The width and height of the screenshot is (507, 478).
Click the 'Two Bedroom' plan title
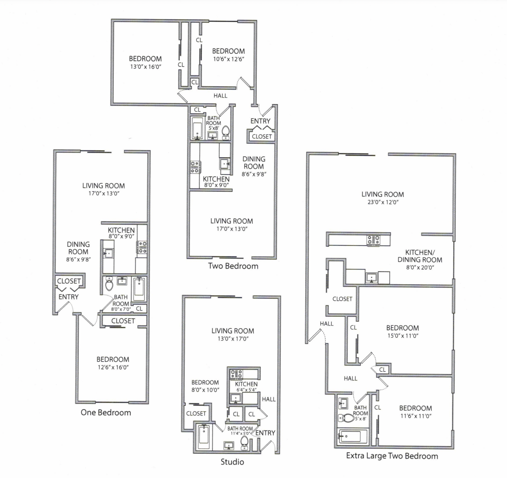click(x=233, y=266)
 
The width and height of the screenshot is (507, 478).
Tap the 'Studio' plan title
click(x=232, y=462)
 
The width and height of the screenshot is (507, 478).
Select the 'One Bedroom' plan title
click(x=106, y=412)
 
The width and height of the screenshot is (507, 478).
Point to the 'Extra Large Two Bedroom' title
click(x=392, y=456)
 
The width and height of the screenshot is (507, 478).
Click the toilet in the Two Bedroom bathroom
click(x=225, y=132)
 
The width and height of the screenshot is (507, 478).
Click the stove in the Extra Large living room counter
click(x=373, y=241)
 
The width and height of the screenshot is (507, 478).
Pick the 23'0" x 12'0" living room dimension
click(x=383, y=202)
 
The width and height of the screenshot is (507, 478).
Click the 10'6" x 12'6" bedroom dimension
click(x=228, y=59)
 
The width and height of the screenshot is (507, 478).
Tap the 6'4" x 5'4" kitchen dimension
click(x=246, y=390)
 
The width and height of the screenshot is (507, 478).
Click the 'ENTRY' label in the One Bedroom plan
click(x=68, y=297)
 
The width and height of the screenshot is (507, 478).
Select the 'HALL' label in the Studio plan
click(x=269, y=399)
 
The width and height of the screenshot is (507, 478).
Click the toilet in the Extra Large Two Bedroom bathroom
click(x=348, y=418)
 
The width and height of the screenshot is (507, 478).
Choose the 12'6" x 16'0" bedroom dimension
click(x=113, y=367)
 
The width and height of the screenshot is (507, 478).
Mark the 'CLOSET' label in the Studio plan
click(x=196, y=413)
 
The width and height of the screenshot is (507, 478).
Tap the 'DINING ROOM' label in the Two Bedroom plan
click(x=253, y=162)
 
